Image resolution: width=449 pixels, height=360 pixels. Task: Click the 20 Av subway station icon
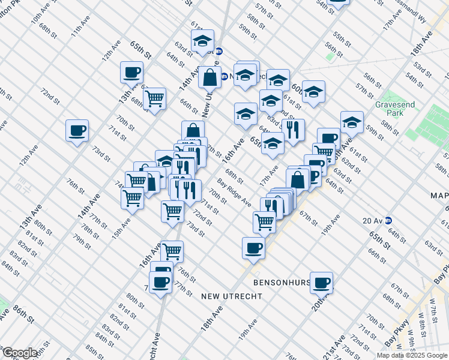click(388, 220)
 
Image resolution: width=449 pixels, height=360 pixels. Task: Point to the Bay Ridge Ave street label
click(234, 193)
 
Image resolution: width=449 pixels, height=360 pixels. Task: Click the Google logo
click(19, 353)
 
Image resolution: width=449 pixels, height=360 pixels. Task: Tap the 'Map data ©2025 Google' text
click(412, 355)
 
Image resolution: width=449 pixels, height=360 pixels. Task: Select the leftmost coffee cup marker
click(77, 131)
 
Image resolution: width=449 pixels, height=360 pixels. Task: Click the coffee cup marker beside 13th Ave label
click(131, 73)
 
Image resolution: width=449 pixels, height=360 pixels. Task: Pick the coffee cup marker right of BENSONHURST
click(322, 282)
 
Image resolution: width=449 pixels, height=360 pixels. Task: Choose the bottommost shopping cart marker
click(172, 251)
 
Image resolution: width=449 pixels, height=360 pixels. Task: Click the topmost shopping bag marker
click(209, 77)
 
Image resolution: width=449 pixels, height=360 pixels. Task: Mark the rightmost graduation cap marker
click(352, 123)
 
